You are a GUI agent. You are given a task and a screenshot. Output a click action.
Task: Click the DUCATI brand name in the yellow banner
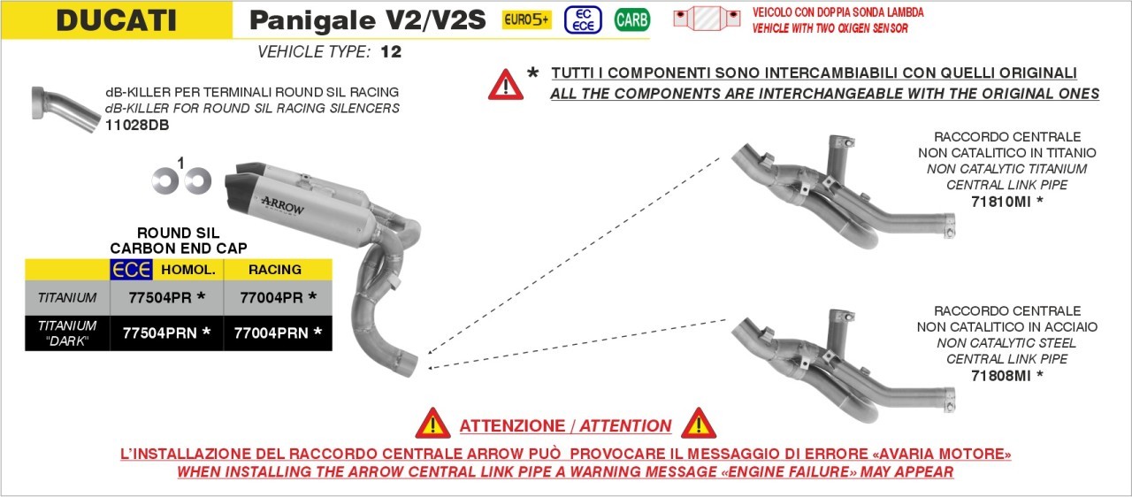(116, 20)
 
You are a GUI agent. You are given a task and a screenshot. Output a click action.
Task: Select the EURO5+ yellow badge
(526, 19)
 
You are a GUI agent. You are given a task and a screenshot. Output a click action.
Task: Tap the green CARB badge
(631, 20)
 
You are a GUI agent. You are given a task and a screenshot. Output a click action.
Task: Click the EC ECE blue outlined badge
(583, 20)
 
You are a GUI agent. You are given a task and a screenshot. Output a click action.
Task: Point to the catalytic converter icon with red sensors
(707, 19)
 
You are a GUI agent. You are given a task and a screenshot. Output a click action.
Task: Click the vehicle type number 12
(391, 51)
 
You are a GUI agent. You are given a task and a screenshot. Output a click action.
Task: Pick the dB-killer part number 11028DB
(137, 125)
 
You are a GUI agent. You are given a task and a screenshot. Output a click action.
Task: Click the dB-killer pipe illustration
(65, 110)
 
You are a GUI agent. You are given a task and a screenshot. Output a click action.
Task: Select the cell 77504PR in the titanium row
(167, 297)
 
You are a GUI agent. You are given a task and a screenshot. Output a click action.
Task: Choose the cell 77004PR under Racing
(278, 297)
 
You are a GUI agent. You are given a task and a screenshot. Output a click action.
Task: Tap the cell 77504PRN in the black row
(167, 333)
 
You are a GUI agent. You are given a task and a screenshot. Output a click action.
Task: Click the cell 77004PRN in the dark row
(278, 333)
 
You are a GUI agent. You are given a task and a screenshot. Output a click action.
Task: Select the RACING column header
(275, 270)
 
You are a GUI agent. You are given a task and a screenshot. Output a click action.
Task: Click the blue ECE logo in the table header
(132, 270)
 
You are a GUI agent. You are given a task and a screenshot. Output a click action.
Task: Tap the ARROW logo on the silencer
(283, 205)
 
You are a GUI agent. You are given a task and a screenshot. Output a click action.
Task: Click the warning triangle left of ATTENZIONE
(432, 424)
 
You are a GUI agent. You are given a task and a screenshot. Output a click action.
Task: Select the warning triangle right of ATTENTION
(699, 424)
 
